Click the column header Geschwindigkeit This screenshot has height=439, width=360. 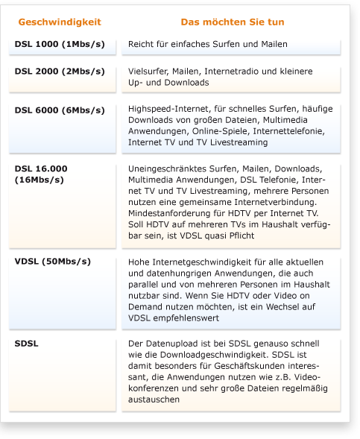pos(59,22)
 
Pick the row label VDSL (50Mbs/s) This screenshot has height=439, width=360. pos(52,262)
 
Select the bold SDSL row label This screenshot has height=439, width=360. pos(26,344)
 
